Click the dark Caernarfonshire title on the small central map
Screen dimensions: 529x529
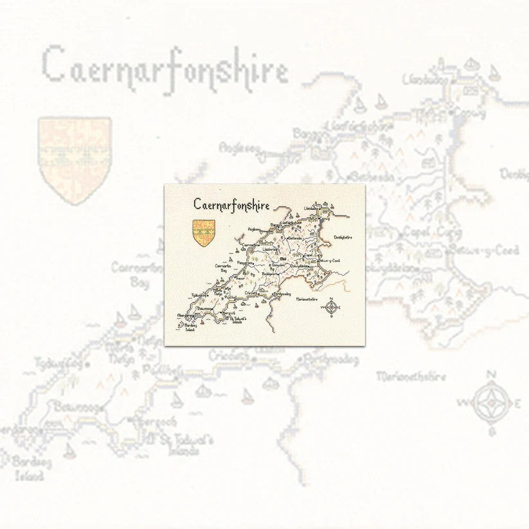click(231, 204)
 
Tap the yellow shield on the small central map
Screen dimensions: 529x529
click(204, 233)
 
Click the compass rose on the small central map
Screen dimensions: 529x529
click(331, 309)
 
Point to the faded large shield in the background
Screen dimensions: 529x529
click(75, 159)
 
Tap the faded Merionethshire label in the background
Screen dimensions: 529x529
click(411, 376)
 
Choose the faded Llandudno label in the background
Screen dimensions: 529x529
click(425, 80)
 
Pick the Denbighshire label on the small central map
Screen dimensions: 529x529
click(343, 237)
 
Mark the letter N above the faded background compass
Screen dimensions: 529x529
click(492, 375)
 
